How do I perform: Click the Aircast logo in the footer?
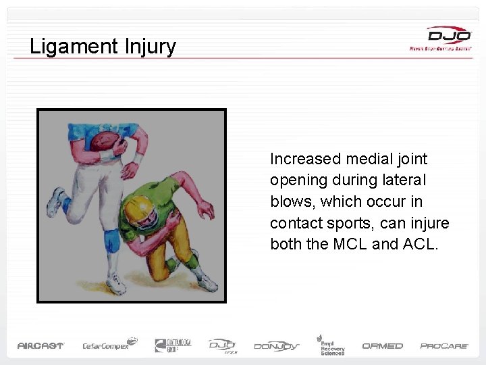coord(40,345)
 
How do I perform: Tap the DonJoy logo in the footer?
coord(276,345)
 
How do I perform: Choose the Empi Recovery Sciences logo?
coord(331,344)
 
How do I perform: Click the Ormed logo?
coord(382,345)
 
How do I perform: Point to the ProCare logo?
coord(444,345)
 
